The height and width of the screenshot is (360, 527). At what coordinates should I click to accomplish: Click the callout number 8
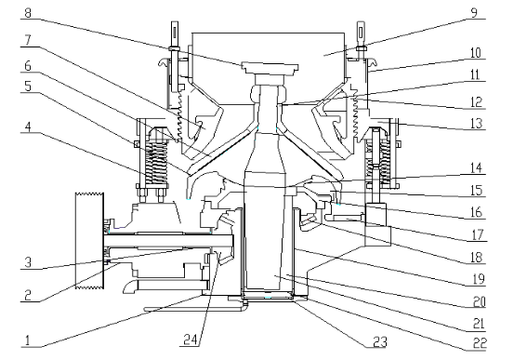click(x=28, y=13)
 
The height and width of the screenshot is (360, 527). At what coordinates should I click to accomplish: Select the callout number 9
click(x=474, y=13)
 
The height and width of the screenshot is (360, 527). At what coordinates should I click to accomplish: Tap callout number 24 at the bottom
click(x=191, y=340)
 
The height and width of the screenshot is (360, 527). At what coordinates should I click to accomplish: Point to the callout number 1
click(x=28, y=340)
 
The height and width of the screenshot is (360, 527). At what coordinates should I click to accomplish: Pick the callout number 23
click(x=380, y=342)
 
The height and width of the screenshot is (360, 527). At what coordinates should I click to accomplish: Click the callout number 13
click(x=476, y=124)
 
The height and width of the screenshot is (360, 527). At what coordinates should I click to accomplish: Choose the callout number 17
click(x=477, y=234)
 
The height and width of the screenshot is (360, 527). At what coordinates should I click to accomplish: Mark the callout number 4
click(x=28, y=127)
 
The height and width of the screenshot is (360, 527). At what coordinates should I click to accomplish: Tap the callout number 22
click(x=480, y=343)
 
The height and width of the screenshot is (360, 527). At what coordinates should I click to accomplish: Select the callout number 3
click(x=28, y=262)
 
